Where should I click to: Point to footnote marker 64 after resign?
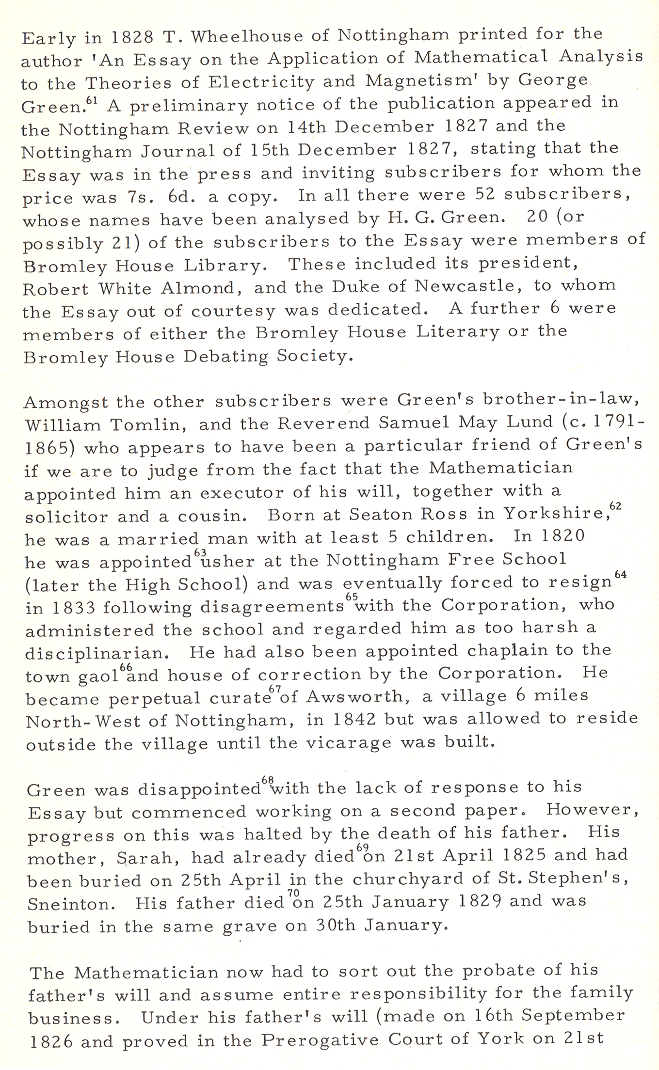click(621, 575)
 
